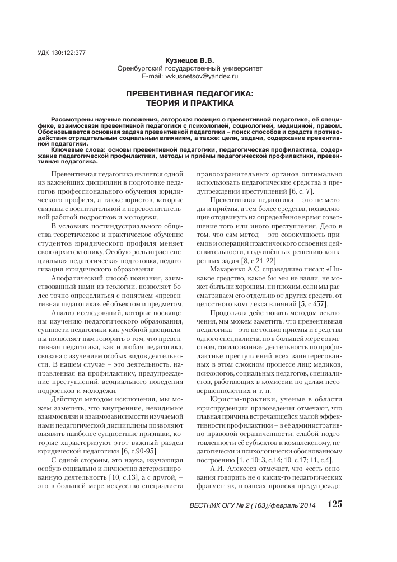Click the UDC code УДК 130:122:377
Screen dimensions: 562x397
[62, 53]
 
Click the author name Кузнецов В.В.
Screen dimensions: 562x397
[189, 60]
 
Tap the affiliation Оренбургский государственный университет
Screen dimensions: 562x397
[189, 68]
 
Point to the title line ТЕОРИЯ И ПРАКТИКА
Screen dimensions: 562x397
[189, 103]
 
